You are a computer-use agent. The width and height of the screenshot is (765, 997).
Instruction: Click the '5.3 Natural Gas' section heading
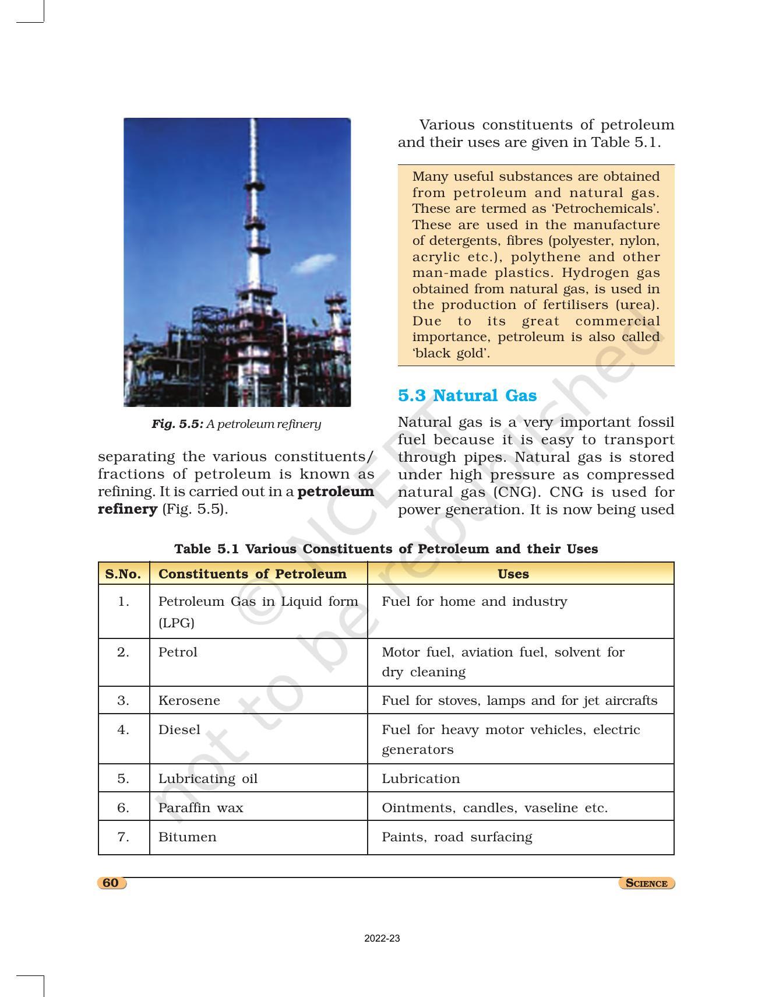tap(467, 395)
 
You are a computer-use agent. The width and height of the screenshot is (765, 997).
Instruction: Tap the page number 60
tap(111, 883)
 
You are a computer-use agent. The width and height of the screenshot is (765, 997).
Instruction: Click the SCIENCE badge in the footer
tap(646, 883)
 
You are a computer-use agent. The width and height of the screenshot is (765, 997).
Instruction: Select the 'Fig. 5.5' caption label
tap(177, 424)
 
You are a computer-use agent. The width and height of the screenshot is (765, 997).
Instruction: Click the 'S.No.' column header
tap(123, 574)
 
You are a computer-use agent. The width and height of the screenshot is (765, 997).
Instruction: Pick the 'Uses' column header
tap(513, 574)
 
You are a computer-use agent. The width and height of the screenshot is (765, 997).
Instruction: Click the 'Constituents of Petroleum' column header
tap(252, 574)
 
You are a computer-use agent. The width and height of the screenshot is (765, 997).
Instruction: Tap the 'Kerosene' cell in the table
tap(189, 700)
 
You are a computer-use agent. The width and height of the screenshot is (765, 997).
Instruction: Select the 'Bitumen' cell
tap(187, 837)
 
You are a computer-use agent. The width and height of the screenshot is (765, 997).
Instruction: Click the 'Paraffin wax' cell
tap(200, 808)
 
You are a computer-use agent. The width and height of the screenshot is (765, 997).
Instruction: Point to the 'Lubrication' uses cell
tap(421, 778)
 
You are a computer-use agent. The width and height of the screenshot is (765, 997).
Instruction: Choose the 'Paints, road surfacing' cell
tap(457, 837)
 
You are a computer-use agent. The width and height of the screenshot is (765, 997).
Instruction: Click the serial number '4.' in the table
tap(123, 729)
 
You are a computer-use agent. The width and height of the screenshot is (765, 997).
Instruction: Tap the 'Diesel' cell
tap(179, 729)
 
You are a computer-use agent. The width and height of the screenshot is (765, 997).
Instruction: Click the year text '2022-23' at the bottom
tap(382, 939)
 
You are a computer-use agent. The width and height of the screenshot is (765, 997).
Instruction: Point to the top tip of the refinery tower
tap(252, 121)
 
